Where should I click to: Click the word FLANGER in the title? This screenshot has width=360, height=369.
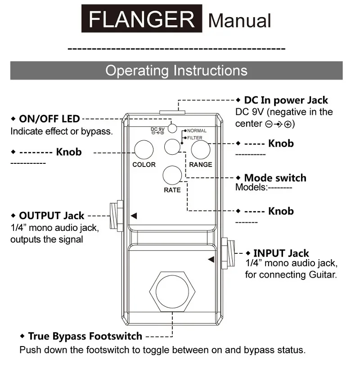click(x=142, y=19)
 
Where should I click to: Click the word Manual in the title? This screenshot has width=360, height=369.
click(x=240, y=20)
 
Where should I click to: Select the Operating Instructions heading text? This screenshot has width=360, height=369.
click(x=176, y=71)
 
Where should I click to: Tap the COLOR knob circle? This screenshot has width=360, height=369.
click(x=144, y=149)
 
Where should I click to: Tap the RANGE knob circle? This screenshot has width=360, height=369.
click(x=200, y=150)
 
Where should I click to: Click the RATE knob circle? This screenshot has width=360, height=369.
click(x=172, y=175)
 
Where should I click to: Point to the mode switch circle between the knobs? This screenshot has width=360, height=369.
click(x=172, y=147)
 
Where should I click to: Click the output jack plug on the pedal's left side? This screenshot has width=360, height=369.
click(x=116, y=216)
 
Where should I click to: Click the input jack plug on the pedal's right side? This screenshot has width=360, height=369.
click(x=229, y=253)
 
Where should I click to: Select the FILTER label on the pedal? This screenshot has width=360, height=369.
click(x=195, y=138)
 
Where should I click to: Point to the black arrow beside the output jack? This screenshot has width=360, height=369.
click(x=134, y=216)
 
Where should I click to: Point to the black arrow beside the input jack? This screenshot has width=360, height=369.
click(x=211, y=260)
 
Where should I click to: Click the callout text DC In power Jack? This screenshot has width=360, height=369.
click(x=286, y=100)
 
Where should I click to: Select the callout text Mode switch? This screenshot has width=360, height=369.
click(x=275, y=178)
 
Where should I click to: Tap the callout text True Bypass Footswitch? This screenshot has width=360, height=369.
click(x=85, y=336)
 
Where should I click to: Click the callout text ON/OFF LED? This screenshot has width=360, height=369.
click(x=49, y=119)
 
